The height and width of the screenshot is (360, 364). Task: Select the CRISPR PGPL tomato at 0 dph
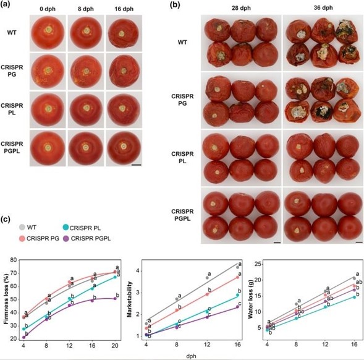[48, 148]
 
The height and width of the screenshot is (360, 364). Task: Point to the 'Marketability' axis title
[131, 299]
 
